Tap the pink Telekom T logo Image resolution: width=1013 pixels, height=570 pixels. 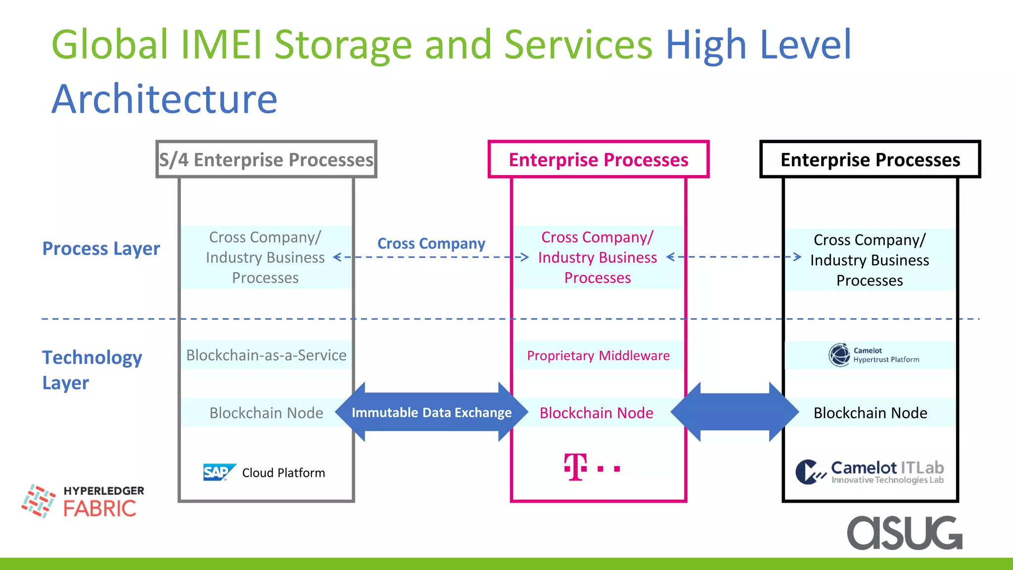576,467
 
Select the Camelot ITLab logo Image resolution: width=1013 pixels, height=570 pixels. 869,472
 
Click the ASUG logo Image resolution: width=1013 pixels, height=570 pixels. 904,532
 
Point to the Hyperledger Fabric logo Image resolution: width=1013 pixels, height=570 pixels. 83,501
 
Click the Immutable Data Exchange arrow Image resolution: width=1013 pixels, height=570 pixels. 431,412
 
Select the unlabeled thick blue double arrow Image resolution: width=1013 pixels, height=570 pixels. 735,412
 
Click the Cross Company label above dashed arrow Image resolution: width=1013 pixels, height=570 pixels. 431,243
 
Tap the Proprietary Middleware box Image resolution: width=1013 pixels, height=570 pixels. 598,355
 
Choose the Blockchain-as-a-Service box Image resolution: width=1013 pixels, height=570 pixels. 266,355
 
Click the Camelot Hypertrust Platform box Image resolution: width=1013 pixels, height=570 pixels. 870,355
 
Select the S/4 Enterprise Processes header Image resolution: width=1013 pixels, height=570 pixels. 266,159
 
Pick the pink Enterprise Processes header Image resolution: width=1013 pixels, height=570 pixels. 598,159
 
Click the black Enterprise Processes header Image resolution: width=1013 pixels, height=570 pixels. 870,159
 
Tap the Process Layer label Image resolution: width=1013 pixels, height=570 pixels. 101,248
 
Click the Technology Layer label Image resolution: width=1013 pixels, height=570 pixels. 92,370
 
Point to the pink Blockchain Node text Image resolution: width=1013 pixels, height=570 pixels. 596,413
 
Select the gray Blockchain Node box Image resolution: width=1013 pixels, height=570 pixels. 266,413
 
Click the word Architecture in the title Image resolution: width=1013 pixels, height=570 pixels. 164,99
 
